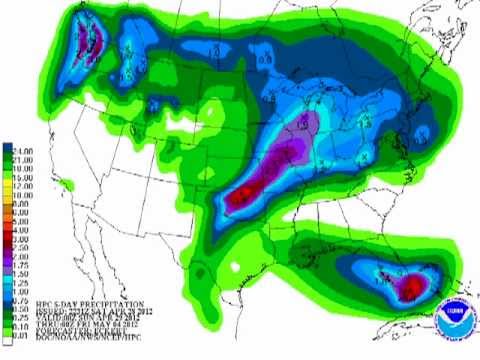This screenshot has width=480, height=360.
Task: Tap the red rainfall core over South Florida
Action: pyautogui.click(x=410, y=288)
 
